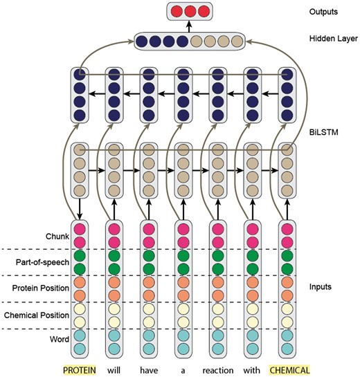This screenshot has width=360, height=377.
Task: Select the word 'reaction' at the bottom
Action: click(x=218, y=369)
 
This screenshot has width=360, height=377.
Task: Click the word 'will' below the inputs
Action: click(x=115, y=369)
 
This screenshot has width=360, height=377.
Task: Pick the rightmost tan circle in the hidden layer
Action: click(x=235, y=42)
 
